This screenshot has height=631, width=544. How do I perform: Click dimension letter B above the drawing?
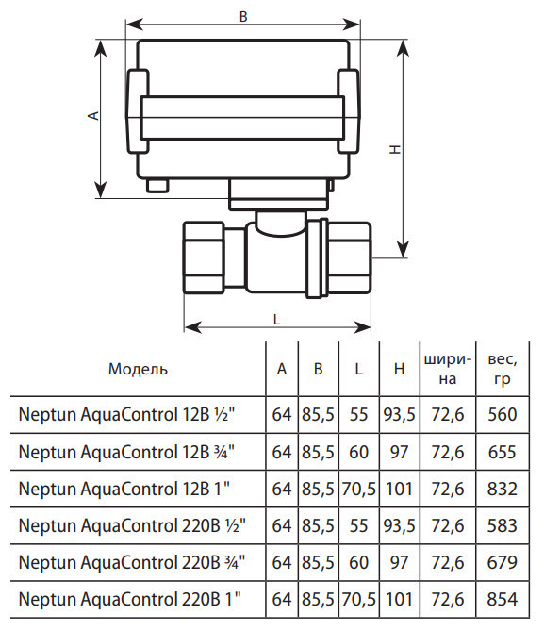click(x=243, y=17)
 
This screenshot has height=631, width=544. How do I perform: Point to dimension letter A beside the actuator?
click(x=93, y=115)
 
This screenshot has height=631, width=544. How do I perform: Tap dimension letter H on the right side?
click(x=395, y=149)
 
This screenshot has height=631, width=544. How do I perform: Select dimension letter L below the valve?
click(x=276, y=320)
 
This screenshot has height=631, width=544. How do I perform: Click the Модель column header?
click(x=138, y=369)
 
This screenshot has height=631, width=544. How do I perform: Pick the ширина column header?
click(x=448, y=369)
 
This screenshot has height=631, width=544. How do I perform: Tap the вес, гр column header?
click(x=503, y=369)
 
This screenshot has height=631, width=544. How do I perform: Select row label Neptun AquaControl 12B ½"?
click(x=126, y=414)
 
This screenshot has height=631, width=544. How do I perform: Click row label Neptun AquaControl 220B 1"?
click(x=130, y=600)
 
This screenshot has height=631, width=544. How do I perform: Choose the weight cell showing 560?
click(x=503, y=414)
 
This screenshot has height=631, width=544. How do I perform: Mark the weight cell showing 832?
click(x=503, y=489)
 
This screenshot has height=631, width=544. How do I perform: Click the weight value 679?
click(x=503, y=562)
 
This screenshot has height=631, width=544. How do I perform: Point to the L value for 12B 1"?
click(x=359, y=489)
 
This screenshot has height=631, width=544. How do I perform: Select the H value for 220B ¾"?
click(x=399, y=562)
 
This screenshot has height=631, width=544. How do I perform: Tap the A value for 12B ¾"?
click(x=282, y=452)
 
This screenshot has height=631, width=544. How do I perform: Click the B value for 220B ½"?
click(x=318, y=526)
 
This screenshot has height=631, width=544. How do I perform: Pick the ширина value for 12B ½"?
click(x=448, y=414)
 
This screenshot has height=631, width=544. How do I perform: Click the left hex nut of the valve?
click(x=204, y=257)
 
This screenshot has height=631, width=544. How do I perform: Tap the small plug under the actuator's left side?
click(x=157, y=186)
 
